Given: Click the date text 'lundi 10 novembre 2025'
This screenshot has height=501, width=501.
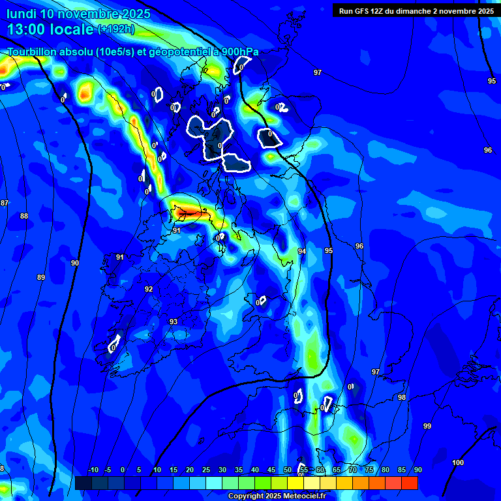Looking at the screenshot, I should (78, 14).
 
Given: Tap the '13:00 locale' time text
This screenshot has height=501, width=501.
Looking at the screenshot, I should (50, 29).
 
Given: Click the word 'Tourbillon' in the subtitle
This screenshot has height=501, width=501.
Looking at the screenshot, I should (33, 52).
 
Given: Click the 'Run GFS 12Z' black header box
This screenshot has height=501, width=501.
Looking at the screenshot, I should (416, 10).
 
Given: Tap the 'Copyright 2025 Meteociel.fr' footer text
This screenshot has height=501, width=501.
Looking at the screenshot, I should (277, 496).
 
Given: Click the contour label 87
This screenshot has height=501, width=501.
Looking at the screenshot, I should (5, 203).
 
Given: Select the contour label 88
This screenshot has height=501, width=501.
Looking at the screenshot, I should (24, 216).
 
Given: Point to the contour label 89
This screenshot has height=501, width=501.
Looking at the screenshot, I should (41, 277).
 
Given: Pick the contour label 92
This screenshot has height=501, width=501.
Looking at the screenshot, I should (149, 289).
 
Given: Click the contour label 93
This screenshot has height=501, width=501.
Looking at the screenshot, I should (174, 322).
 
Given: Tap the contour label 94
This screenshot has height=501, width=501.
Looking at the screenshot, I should (301, 251).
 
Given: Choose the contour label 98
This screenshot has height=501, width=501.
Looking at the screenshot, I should (402, 397).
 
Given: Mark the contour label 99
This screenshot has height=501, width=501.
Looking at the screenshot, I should (427, 426).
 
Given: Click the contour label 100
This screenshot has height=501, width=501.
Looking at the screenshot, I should (458, 463).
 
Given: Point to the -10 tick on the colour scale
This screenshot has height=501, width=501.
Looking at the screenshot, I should (93, 470).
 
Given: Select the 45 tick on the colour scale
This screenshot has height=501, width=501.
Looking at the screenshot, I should (271, 470).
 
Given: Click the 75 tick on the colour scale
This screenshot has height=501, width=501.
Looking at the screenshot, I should (369, 470).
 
